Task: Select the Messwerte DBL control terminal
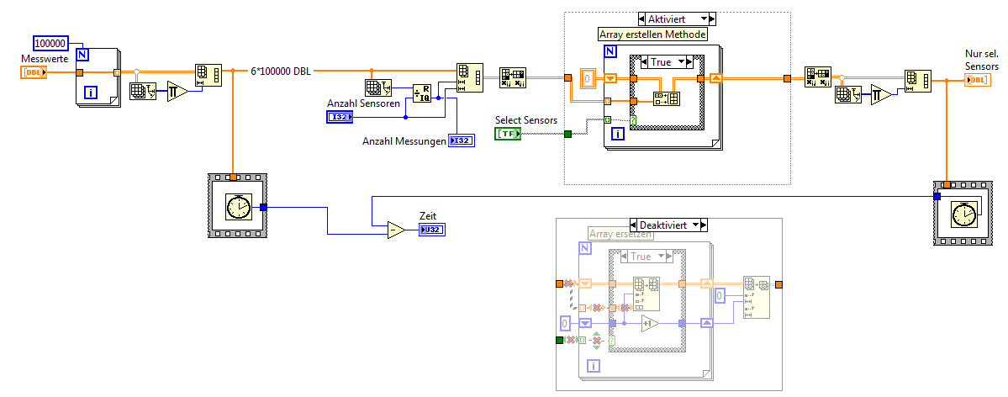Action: [x=34, y=72]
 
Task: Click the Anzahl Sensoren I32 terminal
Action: [x=340, y=117]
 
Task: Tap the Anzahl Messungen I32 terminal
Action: [x=461, y=140]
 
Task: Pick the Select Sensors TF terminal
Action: [x=508, y=134]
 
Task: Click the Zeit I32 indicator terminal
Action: [x=431, y=230]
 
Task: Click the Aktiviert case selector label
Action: [x=676, y=18]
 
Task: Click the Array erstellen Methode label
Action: [x=652, y=34]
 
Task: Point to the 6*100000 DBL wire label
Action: [x=281, y=71]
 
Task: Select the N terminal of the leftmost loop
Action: [x=82, y=55]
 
